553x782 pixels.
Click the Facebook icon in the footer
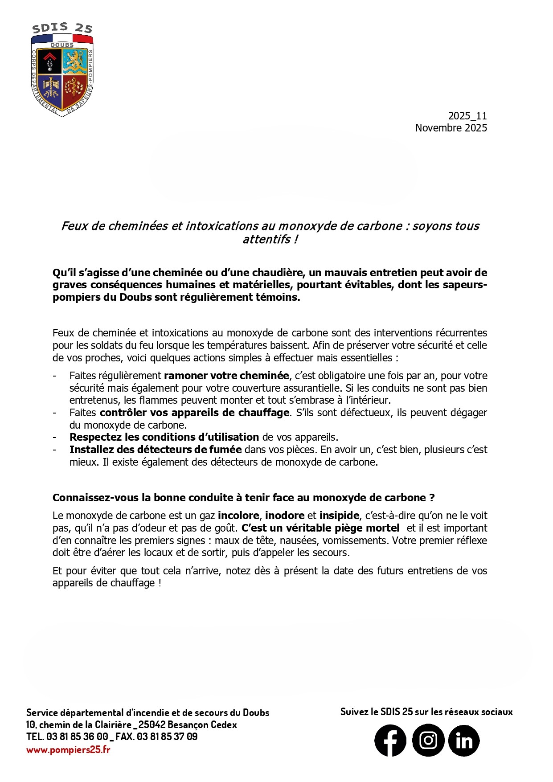[390, 741]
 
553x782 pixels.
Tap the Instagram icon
[428, 741]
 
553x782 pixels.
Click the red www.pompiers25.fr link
[68, 749]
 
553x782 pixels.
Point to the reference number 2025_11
[467, 116]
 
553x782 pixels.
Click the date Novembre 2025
[451, 128]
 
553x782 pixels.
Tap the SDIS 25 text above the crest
[62, 29]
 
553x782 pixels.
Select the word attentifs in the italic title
[266, 239]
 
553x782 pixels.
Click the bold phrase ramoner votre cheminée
[226, 376]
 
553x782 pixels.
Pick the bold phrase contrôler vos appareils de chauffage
[194, 413]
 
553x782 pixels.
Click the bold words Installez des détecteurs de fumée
[156, 450]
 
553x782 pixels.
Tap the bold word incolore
[238, 516]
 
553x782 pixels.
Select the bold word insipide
[339, 516]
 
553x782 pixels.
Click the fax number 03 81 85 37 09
[167, 737]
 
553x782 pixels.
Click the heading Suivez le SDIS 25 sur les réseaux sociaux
[426, 712]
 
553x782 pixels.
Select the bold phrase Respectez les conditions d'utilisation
[164, 437]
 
